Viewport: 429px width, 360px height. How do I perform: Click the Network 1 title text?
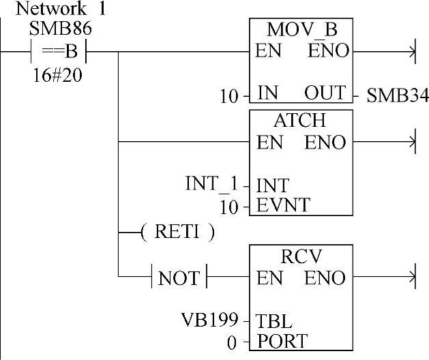[x=51, y=10]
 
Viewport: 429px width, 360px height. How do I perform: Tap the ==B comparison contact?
[x=60, y=52]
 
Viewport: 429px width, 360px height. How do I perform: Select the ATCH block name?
[x=300, y=121]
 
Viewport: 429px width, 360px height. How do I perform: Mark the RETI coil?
[x=177, y=232]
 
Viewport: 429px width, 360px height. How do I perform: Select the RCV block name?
[x=301, y=256]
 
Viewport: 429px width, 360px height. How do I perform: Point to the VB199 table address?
[x=209, y=319]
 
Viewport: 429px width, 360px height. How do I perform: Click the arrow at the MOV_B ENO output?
[x=410, y=51]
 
